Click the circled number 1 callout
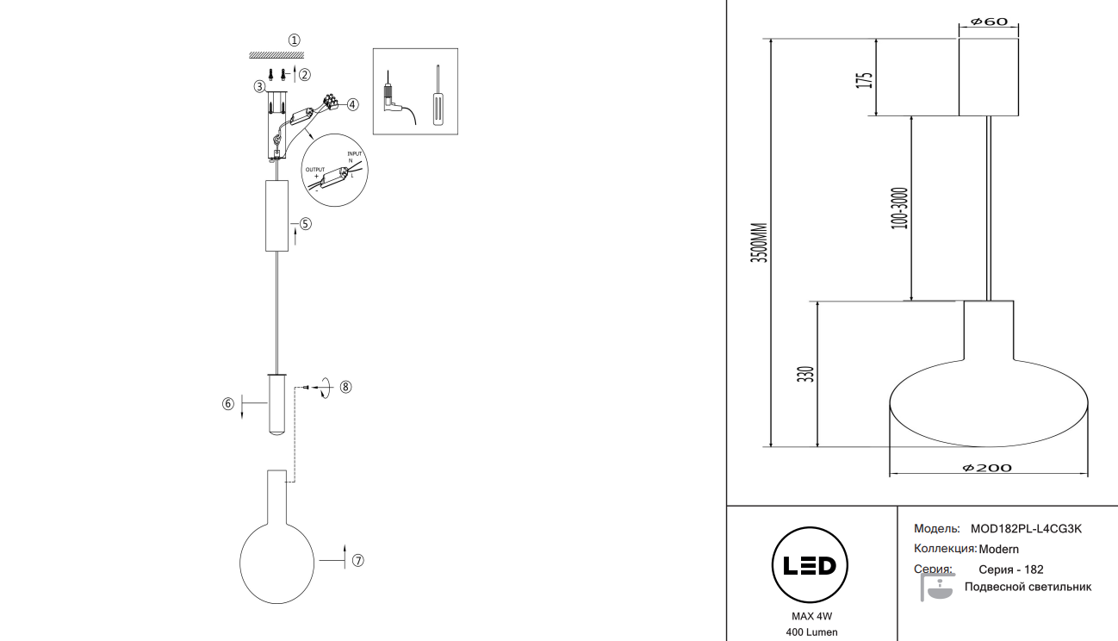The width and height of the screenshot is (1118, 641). [x=295, y=40]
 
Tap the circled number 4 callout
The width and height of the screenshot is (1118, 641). [x=351, y=104]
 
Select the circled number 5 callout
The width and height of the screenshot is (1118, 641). [x=306, y=223]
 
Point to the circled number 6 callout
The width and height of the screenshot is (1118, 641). [x=228, y=403]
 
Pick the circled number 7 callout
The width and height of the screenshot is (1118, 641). [x=358, y=560]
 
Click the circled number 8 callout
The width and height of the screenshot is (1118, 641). [x=345, y=387]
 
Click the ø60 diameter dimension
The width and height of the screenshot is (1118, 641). [x=988, y=22]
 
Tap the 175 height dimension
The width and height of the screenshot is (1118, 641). [x=865, y=79]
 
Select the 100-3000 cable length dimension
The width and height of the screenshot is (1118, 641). [x=899, y=208]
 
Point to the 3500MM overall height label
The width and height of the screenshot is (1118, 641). [x=758, y=242]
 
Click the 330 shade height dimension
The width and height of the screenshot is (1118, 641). [x=805, y=375]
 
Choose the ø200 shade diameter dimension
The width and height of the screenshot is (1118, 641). [x=987, y=468]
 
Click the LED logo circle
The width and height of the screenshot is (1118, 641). [x=810, y=565]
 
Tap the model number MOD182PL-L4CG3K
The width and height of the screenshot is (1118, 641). [x=1025, y=528]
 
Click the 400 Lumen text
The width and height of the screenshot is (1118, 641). [x=811, y=633]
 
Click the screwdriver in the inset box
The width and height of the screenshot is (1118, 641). [x=437, y=96]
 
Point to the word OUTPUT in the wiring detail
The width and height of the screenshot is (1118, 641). [x=315, y=170]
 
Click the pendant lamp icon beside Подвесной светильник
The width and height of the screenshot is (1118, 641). [x=937, y=588]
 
